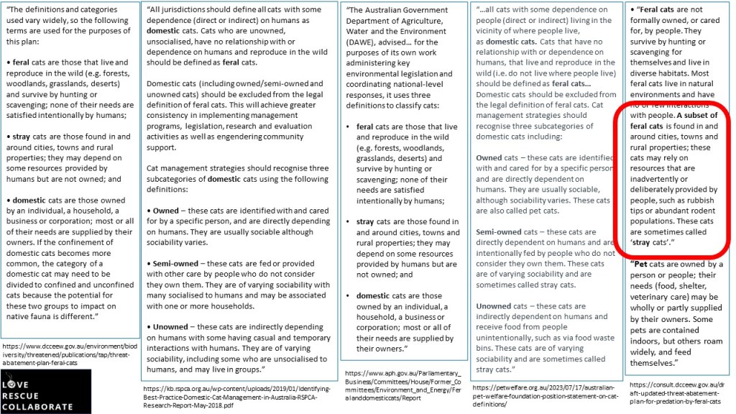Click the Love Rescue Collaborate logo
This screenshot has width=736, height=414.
click(46, 391)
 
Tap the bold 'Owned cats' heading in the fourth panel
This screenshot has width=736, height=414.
click(501, 157)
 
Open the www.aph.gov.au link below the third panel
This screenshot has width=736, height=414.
click(403, 384)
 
